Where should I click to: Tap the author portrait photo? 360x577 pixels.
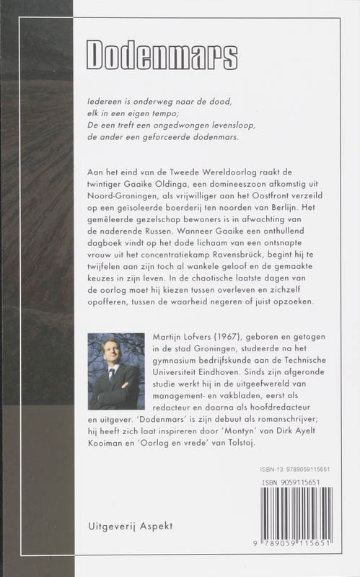[x=115, y=371]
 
